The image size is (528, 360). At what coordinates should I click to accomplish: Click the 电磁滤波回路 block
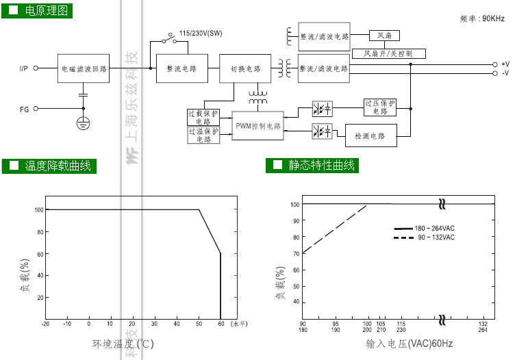coord(84,68)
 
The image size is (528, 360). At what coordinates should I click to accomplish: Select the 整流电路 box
coord(181,68)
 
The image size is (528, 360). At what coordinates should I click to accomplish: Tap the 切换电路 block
coord(245,68)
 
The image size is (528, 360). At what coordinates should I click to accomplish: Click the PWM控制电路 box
coord(257,127)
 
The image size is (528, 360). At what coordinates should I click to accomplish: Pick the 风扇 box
coord(384,35)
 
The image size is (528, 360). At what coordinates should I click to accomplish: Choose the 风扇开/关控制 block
coord(388,53)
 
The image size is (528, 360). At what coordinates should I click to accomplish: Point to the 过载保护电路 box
coord(203,117)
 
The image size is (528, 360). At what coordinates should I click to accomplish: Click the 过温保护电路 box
coord(203,135)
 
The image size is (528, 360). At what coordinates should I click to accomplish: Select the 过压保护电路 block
coord(380,107)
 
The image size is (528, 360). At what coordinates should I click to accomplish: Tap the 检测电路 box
coord(370,136)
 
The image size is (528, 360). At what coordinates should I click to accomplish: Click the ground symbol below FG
coord(83,123)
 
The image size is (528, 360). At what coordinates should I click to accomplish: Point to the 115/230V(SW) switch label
coord(201,33)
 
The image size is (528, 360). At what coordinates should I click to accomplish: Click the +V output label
coord(505,64)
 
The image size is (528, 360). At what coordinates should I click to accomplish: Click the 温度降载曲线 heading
coord(58,166)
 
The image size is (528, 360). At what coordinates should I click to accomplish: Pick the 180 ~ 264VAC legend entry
coord(424,228)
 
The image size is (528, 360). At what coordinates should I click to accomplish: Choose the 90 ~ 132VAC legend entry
coord(424,237)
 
